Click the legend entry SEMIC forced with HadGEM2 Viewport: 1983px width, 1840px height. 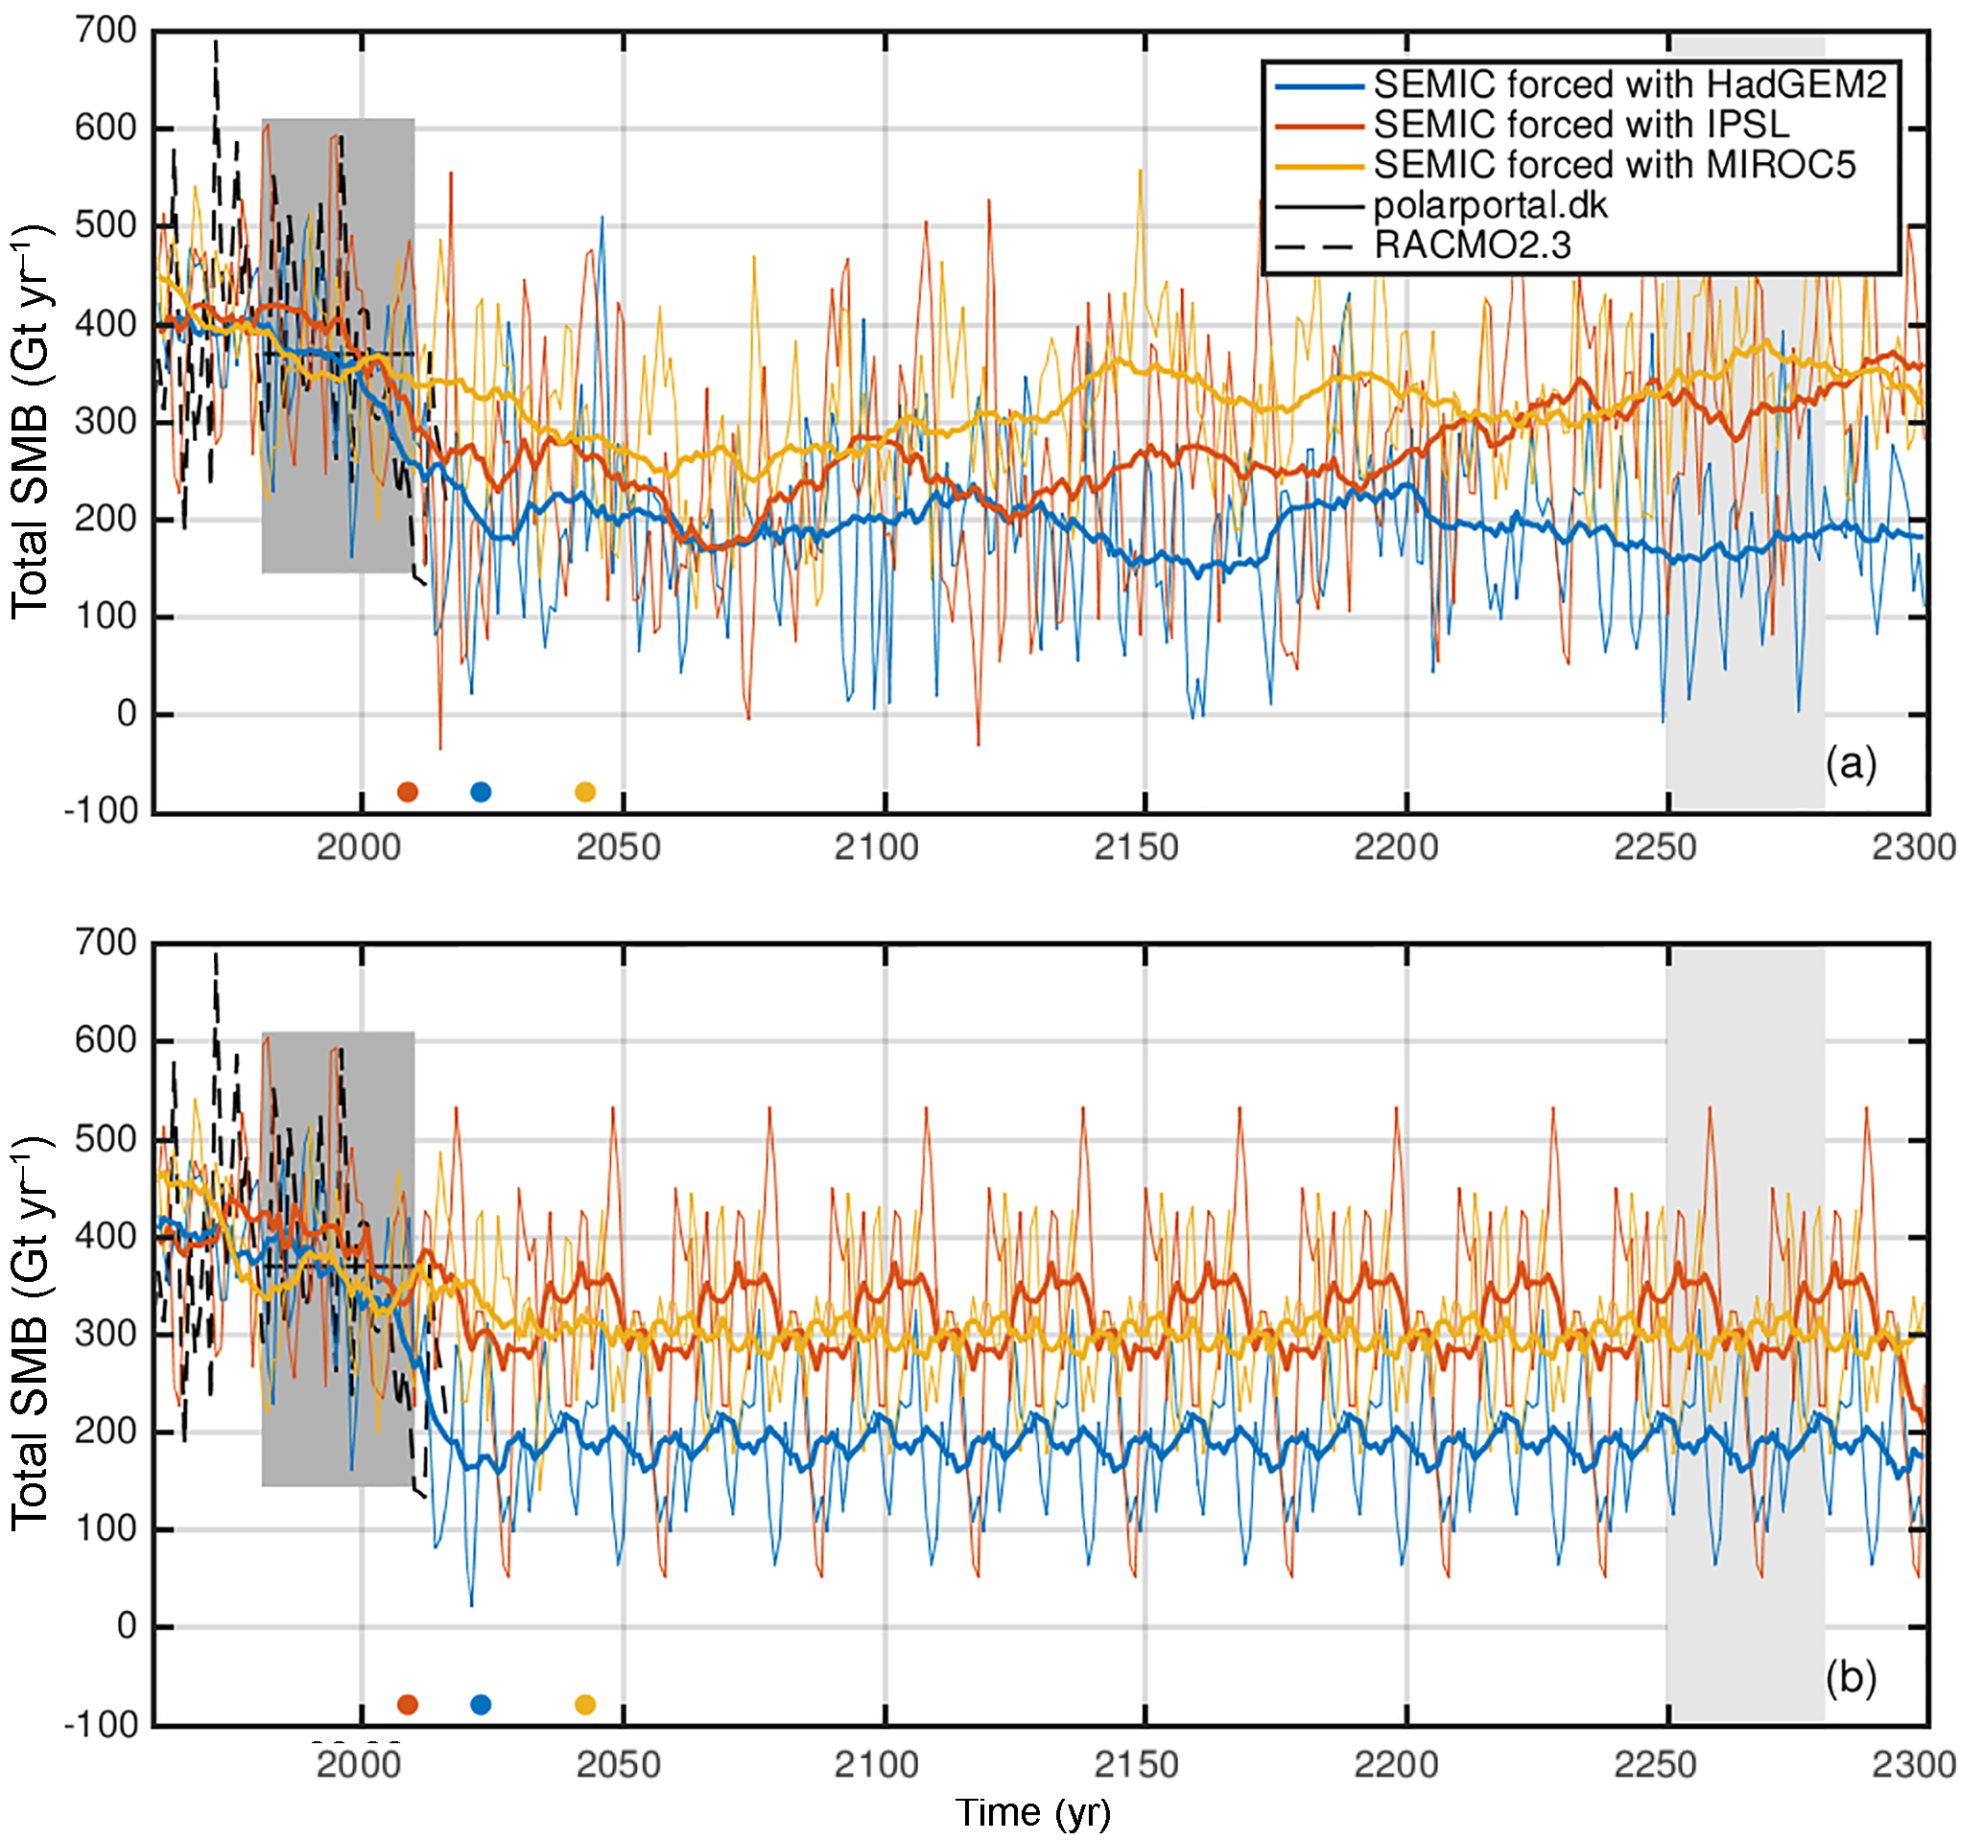coord(1628,85)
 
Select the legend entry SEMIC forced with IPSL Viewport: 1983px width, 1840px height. coord(1581,126)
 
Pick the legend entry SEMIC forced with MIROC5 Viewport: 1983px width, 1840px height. coord(1614,165)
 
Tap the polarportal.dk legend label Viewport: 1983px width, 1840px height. coord(1490,206)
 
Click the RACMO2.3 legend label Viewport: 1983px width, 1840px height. coord(1472,245)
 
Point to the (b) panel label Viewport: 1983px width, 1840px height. coord(1850,1678)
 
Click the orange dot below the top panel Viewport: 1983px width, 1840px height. coord(408,792)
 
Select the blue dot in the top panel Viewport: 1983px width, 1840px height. coord(481,792)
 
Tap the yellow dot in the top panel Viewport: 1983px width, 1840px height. coord(585,792)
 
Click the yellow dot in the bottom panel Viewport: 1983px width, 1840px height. coord(585,1705)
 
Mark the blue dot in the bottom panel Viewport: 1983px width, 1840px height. coord(481,1705)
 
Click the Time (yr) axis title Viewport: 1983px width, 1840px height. coord(1033,1813)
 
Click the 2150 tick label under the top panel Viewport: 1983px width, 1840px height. coord(1137,849)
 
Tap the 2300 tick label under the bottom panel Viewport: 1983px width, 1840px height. coord(1913,1765)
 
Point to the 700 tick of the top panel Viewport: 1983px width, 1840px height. coord(106,32)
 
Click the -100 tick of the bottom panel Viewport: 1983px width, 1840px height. coord(101,1725)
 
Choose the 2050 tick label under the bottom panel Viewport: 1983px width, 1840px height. coord(619,1765)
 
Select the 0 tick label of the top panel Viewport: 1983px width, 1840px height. coord(127,714)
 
